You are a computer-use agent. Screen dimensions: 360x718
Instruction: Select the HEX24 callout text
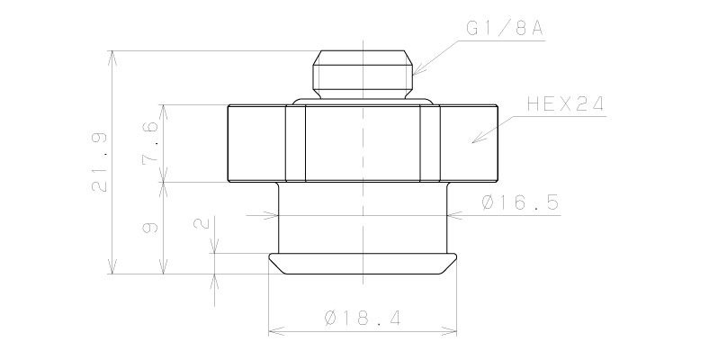(x=564, y=105)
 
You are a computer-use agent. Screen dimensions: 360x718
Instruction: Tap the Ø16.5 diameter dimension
(x=520, y=204)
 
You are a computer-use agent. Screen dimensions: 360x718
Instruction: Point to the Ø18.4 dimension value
(x=363, y=319)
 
